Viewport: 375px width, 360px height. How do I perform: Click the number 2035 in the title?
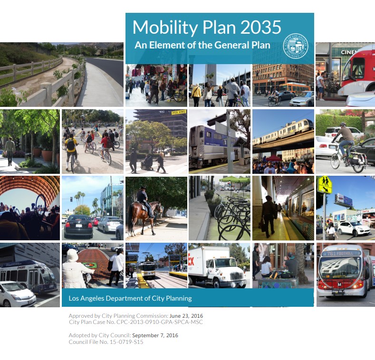point(261,27)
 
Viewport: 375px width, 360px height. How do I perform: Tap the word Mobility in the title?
point(161,27)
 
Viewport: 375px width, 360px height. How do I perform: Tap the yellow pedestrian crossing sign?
point(325,184)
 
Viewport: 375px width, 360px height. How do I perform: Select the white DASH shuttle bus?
point(29,275)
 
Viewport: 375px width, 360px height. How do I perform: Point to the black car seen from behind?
point(78,227)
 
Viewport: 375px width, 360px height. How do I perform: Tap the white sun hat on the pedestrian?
point(72,255)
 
